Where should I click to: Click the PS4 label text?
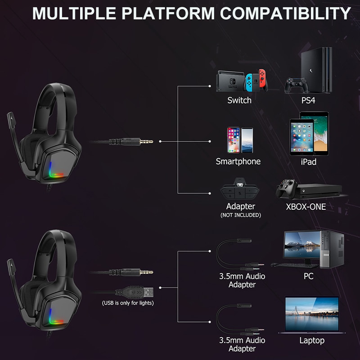[x=308, y=100]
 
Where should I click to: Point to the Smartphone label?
[x=238, y=161]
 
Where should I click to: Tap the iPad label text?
[x=308, y=161]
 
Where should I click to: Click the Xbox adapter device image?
[x=241, y=191]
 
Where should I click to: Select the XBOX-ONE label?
[x=306, y=207]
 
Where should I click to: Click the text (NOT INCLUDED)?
[x=241, y=215]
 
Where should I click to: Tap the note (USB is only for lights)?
[x=128, y=303]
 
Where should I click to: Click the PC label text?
[x=308, y=275]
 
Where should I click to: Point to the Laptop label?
[x=312, y=340]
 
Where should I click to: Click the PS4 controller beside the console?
[x=295, y=84]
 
